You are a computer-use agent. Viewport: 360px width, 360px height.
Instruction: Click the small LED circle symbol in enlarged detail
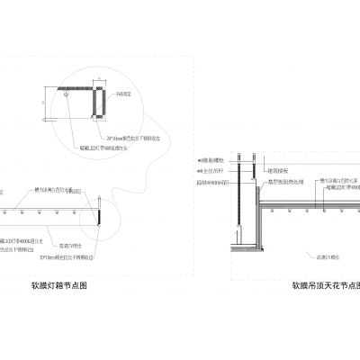pos(67,91)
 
